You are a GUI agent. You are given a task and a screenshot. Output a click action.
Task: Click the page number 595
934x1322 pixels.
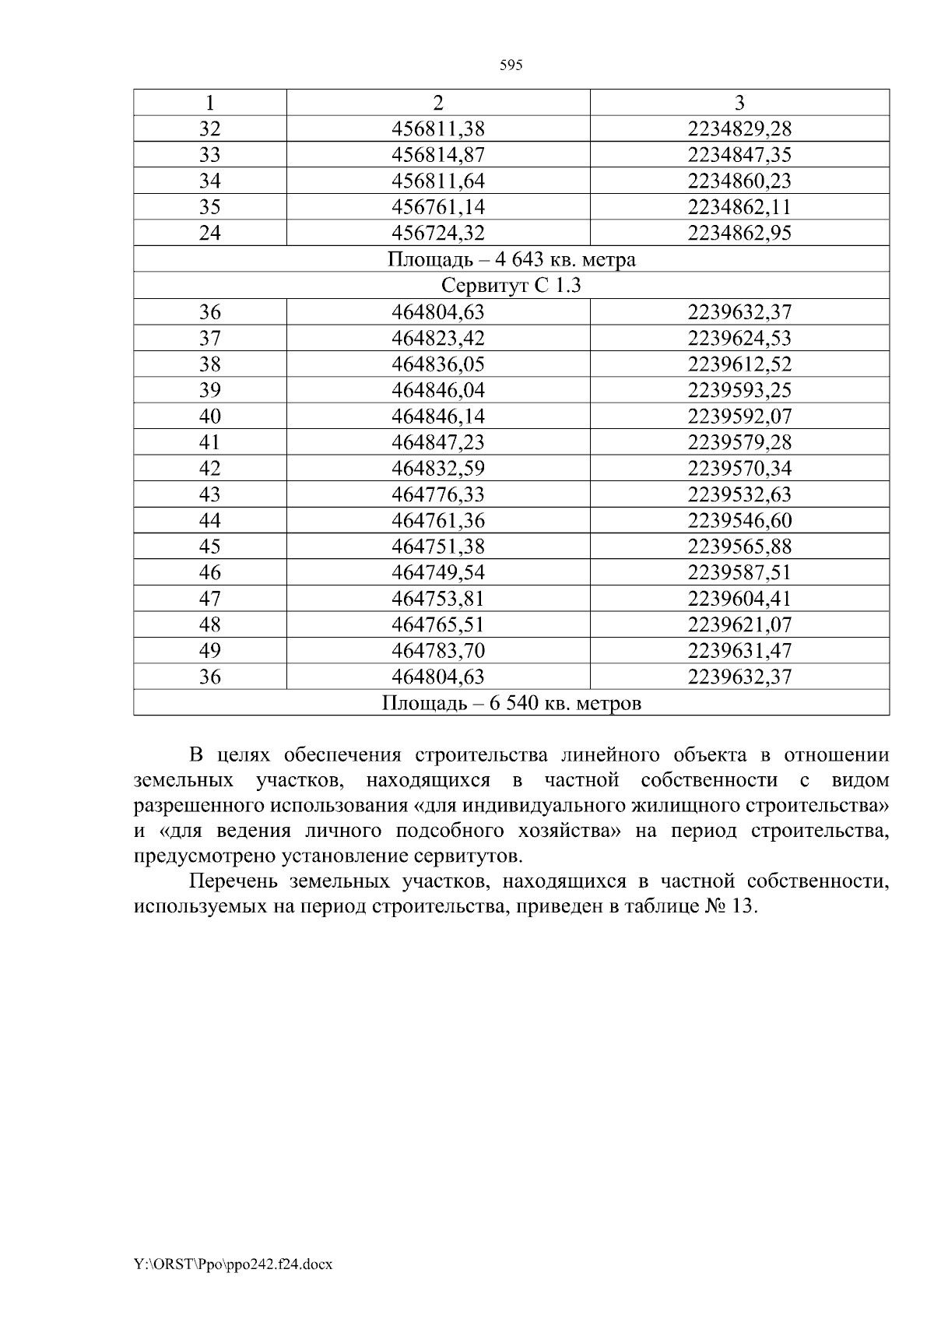pos(511,65)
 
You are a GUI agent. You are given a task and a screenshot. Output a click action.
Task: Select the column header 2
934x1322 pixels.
pos(438,103)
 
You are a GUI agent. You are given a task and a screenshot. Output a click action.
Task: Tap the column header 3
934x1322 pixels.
pos(739,103)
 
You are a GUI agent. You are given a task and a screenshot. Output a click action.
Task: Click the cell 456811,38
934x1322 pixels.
pos(438,128)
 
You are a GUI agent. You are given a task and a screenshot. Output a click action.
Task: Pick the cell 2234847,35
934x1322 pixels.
pos(739,155)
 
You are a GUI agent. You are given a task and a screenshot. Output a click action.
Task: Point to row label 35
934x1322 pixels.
pos(210,207)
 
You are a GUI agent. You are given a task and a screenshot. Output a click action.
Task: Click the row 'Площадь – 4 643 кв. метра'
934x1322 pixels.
pos(511,259)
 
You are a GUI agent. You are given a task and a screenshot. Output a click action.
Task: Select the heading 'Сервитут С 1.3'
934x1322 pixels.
pos(511,286)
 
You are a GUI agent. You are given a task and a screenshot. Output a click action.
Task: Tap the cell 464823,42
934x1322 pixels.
pos(438,338)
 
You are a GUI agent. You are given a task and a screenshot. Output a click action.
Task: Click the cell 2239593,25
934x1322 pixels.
pos(739,390)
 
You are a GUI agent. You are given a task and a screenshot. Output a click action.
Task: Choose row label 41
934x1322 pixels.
pos(210,442)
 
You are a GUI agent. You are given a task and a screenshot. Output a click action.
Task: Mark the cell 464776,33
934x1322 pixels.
pos(438,494)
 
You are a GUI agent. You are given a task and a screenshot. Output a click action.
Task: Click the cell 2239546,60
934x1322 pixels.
pos(739,520)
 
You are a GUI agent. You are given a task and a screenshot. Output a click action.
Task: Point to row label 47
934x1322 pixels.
pos(210,599)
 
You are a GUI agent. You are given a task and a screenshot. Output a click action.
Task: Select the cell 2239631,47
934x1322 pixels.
pos(739,651)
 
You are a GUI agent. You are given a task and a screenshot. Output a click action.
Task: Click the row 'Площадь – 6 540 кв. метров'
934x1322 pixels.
pos(511,704)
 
